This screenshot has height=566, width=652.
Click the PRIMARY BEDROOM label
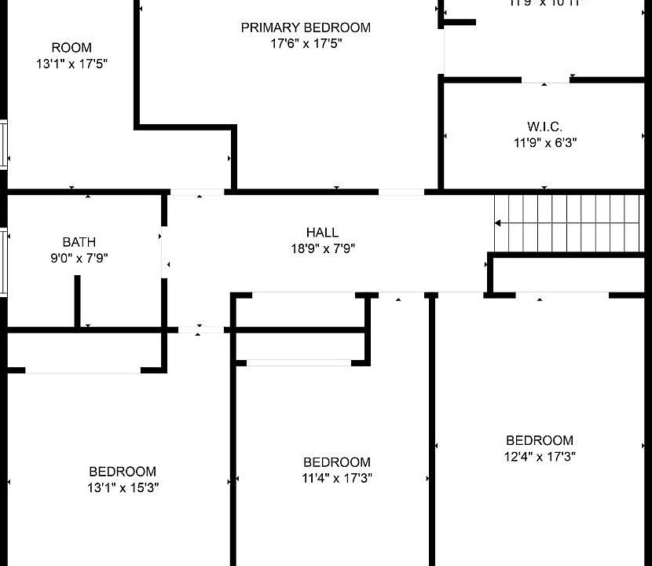click(306, 28)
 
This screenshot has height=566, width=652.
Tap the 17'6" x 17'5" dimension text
click(306, 43)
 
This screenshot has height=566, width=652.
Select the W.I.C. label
click(544, 127)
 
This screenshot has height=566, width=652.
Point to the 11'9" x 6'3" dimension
click(544, 142)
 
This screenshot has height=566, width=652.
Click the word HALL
click(322, 232)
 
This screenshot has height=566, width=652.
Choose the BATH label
click(79, 242)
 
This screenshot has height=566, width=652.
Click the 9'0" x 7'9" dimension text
click(79, 258)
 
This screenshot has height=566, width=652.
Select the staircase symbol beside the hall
click(569, 223)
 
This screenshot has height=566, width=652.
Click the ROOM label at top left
click(71, 48)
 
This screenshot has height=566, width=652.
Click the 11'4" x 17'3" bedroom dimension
click(337, 478)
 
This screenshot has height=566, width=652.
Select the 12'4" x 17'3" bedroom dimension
click(540, 456)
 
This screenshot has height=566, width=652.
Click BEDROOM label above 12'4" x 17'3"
click(540, 440)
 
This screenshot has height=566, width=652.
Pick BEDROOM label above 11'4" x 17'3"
click(337, 462)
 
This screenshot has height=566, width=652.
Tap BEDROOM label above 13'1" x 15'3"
click(122, 472)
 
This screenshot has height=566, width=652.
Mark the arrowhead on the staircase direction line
click(497, 223)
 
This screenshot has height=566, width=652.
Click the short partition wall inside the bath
click(77, 301)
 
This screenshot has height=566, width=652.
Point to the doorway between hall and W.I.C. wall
click(401, 191)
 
